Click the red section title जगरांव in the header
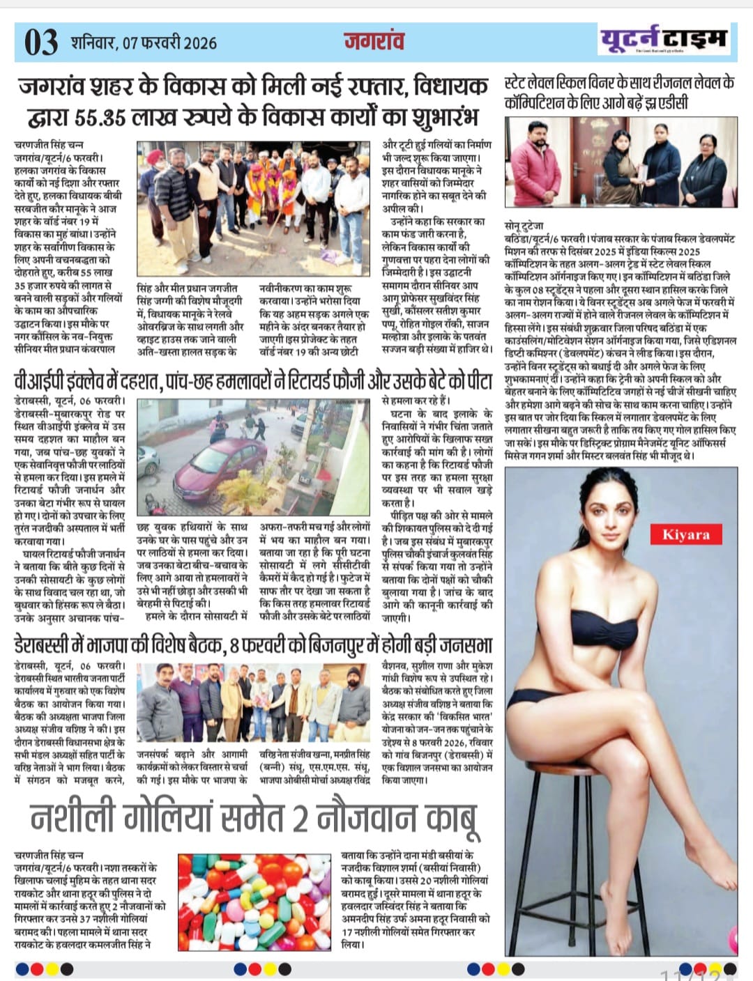coord(374,41)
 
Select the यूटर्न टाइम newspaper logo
coord(664,40)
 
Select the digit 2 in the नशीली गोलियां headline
coord(300,819)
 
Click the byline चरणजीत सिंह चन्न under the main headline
coord(49,144)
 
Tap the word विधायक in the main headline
coord(450,87)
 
